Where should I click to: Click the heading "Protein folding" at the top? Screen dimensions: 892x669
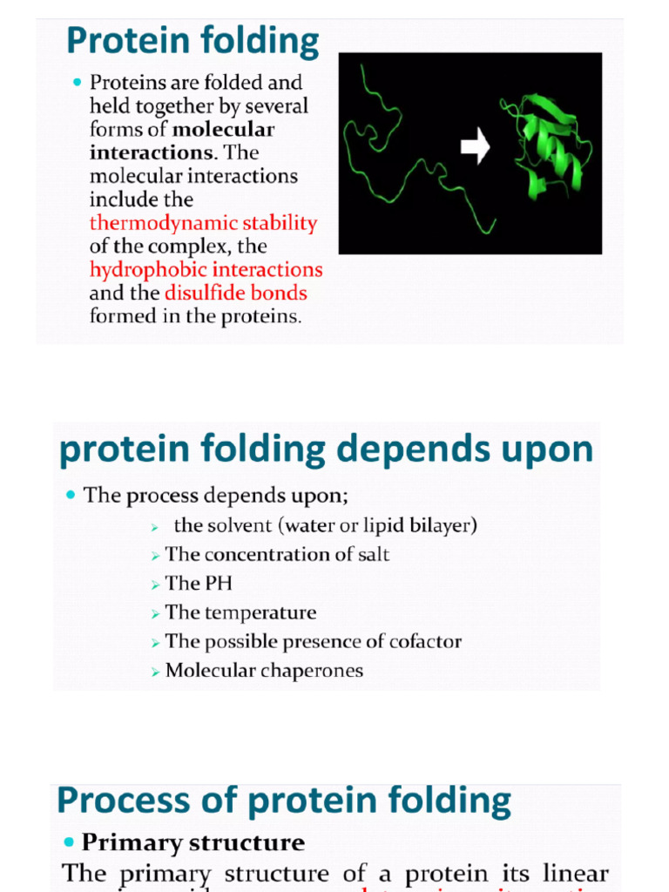(193, 41)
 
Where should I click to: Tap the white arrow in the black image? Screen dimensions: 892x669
(475, 146)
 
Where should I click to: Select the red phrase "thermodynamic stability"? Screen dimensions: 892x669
(203, 223)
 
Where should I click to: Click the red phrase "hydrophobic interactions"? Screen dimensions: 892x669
(206, 270)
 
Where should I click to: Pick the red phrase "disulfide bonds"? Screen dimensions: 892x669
(235, 294)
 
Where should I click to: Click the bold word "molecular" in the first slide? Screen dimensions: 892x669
(224, 130)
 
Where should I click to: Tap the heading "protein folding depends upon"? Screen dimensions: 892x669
(326, 450)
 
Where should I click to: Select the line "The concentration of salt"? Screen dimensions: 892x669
(277, 554)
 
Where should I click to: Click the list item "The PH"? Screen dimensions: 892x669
(199, 584)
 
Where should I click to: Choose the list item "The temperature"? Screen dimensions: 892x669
(240, 612)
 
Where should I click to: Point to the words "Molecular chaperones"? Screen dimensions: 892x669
(264, 671)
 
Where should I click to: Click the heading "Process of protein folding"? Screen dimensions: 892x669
(284, 801)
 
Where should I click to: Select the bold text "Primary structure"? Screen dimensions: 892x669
(193, 843)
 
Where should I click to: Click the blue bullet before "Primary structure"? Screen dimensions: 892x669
(70, 843)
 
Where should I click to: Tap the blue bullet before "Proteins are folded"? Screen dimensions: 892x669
(78, 83)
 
